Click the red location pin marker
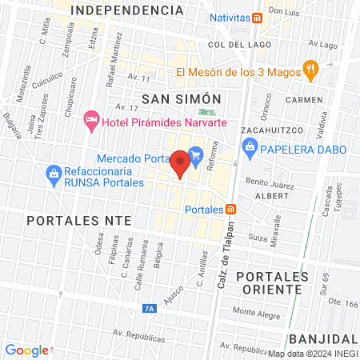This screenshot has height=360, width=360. (x=181, y=162)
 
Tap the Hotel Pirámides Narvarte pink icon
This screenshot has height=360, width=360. (x=91, y=120)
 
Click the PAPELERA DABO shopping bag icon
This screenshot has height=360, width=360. (x=251, y=146)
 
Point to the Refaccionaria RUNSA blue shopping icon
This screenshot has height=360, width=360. (x=54, y=171)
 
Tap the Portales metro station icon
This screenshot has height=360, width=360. (x=230, y=210)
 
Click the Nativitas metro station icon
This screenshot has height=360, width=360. (x=256, y=17)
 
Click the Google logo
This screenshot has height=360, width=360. (x=26, y=350)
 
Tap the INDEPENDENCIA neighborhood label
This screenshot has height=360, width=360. (x=126, y=10)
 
